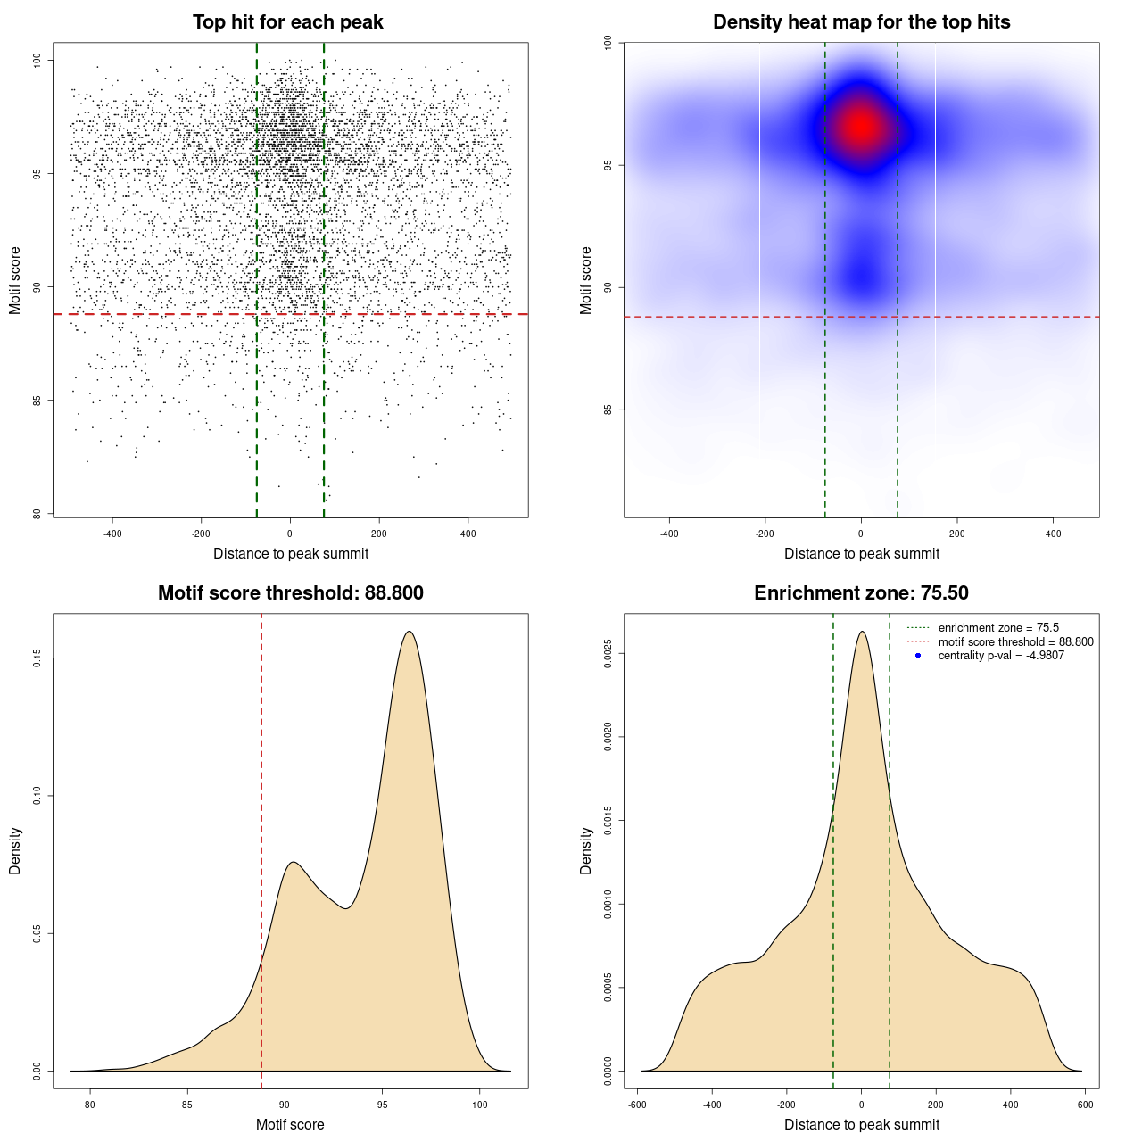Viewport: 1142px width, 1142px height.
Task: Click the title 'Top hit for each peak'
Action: click(x=287, y=22)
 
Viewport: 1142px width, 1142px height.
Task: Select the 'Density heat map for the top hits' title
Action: click(x=861, y=22)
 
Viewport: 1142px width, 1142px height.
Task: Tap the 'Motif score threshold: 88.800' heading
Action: click(x=290, y=593)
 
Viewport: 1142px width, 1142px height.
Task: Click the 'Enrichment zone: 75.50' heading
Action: click(x=861, y=593)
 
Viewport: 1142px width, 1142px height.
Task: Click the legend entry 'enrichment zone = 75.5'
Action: click(x=998, y=628)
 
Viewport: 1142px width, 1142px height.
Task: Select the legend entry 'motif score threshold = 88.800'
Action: click(x=1015, y=641)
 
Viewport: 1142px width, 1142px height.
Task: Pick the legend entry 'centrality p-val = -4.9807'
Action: click(x=1001, y=656)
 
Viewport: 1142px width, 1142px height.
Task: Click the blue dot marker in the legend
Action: click(x=918, y=656)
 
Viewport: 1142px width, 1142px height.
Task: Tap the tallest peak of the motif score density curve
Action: click(x=410, y=632)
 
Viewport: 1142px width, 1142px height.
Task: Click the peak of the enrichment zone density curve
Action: click(x=862, y=632)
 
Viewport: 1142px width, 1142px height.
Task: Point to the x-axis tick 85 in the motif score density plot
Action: click(x=187, y=1105)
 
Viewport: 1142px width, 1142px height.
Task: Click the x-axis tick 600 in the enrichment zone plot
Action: click(x=1085, y=1105)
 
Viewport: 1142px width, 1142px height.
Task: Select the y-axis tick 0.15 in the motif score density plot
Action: click(x=37, y=658)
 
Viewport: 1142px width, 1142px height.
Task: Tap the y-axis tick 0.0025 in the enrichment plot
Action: click(x=608, y=654)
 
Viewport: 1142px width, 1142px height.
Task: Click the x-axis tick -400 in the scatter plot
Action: click(x=112, y=534)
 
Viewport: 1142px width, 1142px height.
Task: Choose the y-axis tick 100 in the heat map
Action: click(x=608, y=43)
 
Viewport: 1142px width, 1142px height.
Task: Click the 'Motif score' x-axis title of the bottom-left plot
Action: click(x=290, y=1124)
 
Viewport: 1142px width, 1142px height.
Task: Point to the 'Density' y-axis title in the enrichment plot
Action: click(x=586, y=850)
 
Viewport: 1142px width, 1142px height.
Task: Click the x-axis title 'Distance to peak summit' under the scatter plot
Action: click(x=291, y=553)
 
